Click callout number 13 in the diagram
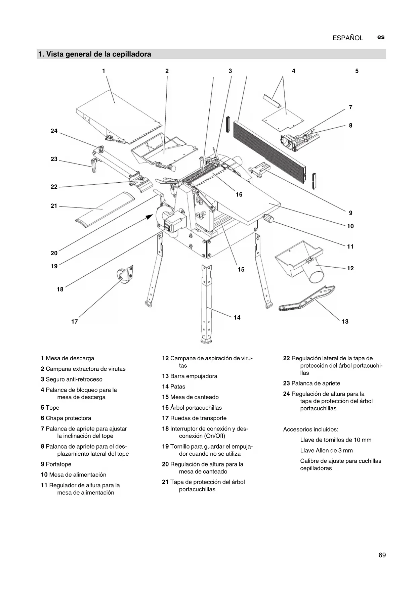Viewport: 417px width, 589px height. click(345, 321)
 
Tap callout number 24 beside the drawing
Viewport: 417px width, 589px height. click(54, 131)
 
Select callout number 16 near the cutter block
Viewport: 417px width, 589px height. click(239, 194)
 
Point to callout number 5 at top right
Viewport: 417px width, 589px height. click(357, 71)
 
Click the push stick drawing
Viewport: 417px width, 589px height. click(306, 299)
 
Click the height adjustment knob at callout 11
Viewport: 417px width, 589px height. click(268, 219)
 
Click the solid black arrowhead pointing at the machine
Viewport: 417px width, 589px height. click(150, 217)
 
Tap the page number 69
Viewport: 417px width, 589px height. click(382, 555)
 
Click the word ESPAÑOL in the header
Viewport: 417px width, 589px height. click(348, 38)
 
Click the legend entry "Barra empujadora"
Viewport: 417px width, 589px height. click(194, 376)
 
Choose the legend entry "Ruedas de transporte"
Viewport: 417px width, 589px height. click(198, 418)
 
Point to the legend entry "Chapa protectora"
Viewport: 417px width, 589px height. click(68, 418)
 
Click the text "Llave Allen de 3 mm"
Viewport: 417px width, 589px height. click(326, 450)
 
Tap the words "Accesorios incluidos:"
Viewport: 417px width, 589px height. click(310, 429)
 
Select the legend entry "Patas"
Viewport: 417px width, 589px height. click(177, 387)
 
